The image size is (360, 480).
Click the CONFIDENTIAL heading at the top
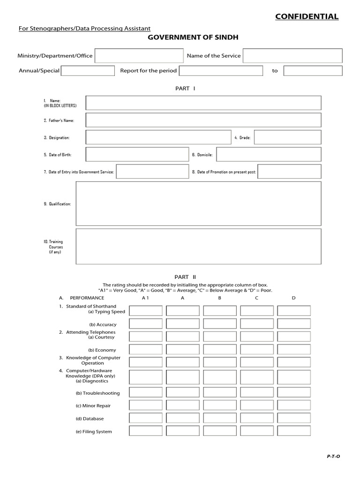click(307, 17)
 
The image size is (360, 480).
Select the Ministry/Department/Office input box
click(139, 56)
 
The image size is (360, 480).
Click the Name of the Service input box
click(292, 56)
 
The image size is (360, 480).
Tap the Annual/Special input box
click(88, 71)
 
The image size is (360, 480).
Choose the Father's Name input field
click(203, 120)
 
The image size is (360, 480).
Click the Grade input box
click(287, 137)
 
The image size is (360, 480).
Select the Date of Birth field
click(136, 154)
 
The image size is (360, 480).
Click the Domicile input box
click(269, 154)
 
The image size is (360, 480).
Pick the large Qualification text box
click(198, 203)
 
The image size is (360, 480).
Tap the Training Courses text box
click(198, 246)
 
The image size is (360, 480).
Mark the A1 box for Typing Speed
click(146, 311)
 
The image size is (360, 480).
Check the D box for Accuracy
click(294, 324)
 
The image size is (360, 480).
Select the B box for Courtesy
click(220, 337)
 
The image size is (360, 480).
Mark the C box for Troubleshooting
click(257, 393)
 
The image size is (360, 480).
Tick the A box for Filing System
click(183, 431)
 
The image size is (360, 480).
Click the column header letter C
click(256, 298)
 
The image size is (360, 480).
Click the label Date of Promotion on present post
click(224, 172)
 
